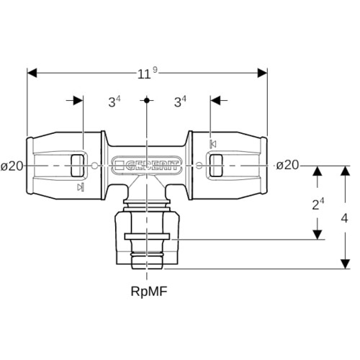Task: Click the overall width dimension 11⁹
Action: point(148,73)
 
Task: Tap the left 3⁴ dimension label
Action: point(114,102)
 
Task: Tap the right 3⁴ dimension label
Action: point(180,102)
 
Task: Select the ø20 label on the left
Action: point(12,166)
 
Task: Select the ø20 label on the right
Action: point(287,165)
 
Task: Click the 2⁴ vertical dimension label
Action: point(318,204)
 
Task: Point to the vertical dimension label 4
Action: point(344,218)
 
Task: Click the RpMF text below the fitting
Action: point(149,292)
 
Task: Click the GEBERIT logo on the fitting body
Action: point(147,165)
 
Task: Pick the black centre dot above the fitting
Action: point(147,100)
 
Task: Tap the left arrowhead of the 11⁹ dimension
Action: point(32,73)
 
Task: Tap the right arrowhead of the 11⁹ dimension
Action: point(262,73)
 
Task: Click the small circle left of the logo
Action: point(95,166)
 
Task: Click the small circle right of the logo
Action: point(199,166)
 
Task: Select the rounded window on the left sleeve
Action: point(77,166)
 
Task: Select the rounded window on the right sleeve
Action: point(216,166)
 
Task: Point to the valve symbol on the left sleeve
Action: point(81,187)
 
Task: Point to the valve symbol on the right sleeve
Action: point(213,144)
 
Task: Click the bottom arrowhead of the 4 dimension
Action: point(345,264)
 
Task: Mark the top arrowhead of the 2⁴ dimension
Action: point(318,171)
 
